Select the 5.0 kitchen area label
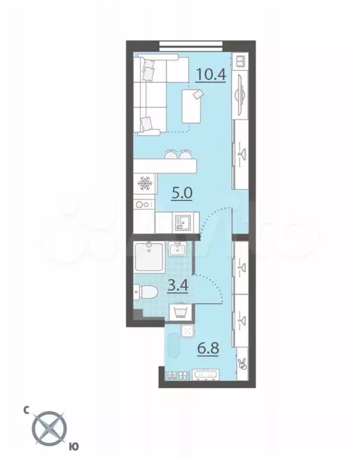(x=181, y=194)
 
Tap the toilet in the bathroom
(x=146, y=292)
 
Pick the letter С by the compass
(x=26, y=410)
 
